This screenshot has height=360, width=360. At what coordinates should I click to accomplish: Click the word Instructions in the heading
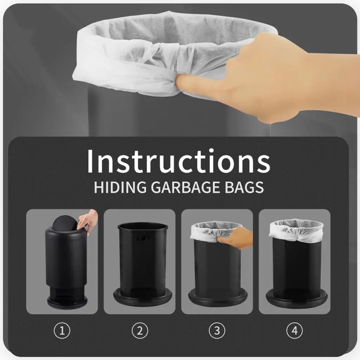coord(179,161)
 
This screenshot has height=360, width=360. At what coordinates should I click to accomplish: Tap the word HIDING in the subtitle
coord(120,187)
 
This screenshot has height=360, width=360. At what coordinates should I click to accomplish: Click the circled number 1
coord(62,330)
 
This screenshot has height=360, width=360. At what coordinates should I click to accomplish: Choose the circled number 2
coord(140,330)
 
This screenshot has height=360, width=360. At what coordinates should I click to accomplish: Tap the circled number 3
coord(217,330)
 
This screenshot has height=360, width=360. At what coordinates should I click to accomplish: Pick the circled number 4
coord(295,330)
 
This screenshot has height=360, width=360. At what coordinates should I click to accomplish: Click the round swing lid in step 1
coord(65,222)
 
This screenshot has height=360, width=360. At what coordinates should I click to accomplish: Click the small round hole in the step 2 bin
coord(143,238)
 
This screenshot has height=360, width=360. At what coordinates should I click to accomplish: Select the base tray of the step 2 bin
coord(143,297)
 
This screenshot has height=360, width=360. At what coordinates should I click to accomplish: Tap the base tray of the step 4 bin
coord(297,299)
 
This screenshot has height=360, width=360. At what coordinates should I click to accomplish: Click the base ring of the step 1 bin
coord(67,302)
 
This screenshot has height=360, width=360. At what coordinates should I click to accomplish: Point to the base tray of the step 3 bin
coord(218,298)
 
